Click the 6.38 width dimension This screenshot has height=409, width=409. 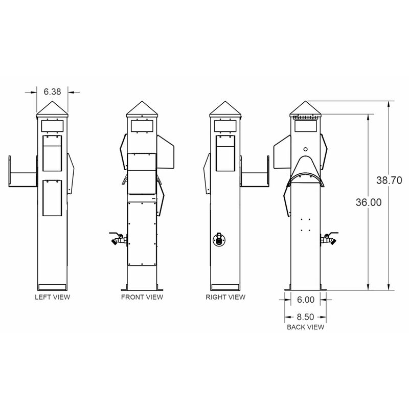[x=52, y=92]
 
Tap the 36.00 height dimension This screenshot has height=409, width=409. [x=368, y=202]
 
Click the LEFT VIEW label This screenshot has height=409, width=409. [x=52, y=297]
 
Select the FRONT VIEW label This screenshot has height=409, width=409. [x=142, y=297]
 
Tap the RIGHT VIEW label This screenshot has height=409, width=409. [x=225, y=297]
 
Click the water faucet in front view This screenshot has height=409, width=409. [x=118, y=239]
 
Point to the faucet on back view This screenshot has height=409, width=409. [x=328, y=239]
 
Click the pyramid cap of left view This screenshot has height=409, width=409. [x=52, y=108]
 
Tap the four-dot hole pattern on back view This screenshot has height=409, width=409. [x=305, y=224]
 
